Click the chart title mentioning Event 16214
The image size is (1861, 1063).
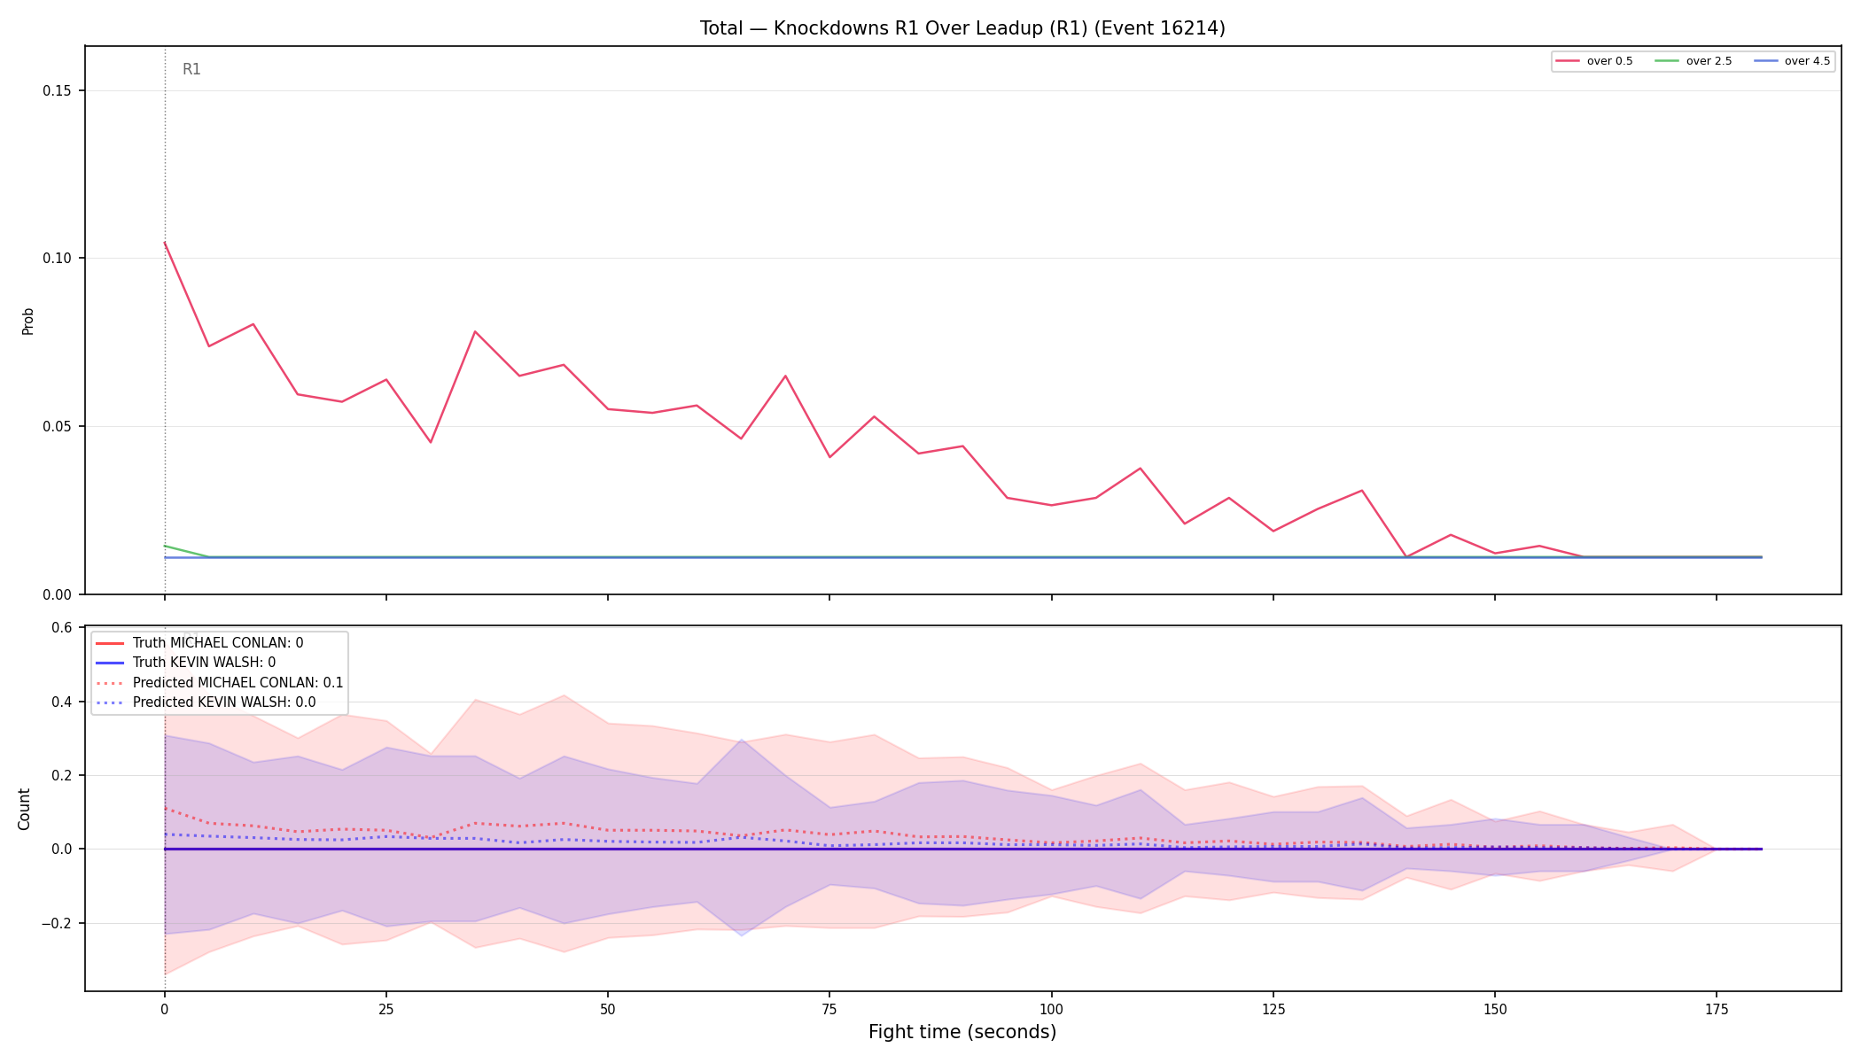tap(962, 28)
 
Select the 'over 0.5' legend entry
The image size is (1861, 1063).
tap(1594, 61)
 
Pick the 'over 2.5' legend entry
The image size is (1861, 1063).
tap(1694, 61)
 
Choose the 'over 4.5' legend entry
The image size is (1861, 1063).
tap(1792, 61)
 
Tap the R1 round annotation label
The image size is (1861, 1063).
tap(191, 69)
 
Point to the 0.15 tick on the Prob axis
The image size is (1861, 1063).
tap(58, 90)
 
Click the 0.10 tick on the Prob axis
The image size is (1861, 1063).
tap(58, 259)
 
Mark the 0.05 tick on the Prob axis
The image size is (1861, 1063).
tap(58, 426)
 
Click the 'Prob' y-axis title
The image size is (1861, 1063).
tap(28, 321)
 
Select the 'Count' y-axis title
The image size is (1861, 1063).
tap(24, 809)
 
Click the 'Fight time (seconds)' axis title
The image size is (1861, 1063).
tap(962, 1032)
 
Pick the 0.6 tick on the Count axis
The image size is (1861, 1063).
tap(62, 628)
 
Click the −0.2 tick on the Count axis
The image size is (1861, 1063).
tap(57, 923)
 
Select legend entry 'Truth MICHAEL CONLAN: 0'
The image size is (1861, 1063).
tap(199, 643)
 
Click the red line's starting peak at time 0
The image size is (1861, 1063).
tap(165, 243)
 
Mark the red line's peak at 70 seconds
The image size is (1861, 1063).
tap(785, 376)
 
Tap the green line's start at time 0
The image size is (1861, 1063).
tap(165, 546)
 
